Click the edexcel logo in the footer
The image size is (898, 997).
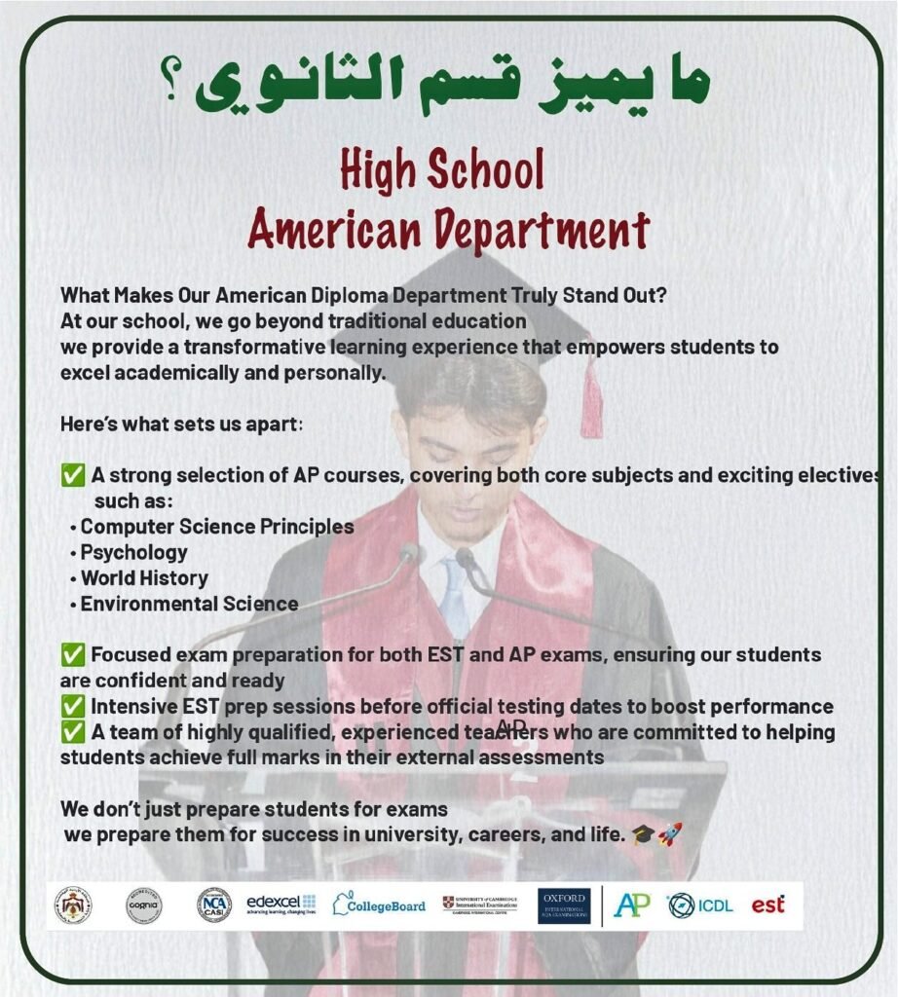[281, 905]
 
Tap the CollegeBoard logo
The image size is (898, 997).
[379, 905]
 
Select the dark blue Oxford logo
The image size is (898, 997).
[564, 905]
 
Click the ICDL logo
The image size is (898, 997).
[700, 905]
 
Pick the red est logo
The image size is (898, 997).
[767, 905]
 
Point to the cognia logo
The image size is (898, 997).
[144, 905]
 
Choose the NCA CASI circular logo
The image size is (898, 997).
[213, 905]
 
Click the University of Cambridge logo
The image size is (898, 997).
[480, 905]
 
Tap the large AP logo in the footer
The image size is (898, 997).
[632, 905]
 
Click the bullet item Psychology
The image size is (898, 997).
[133, 552]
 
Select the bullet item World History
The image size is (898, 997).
[143, 577]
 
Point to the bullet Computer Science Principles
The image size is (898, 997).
[216, 527]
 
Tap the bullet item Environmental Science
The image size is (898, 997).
[189, 604]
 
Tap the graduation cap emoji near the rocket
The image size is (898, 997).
[643, 833]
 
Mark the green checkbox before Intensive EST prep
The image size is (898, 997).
[71, 706]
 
